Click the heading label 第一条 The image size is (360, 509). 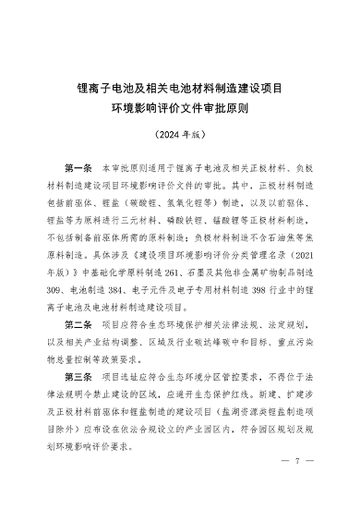click(x=83, y=173)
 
